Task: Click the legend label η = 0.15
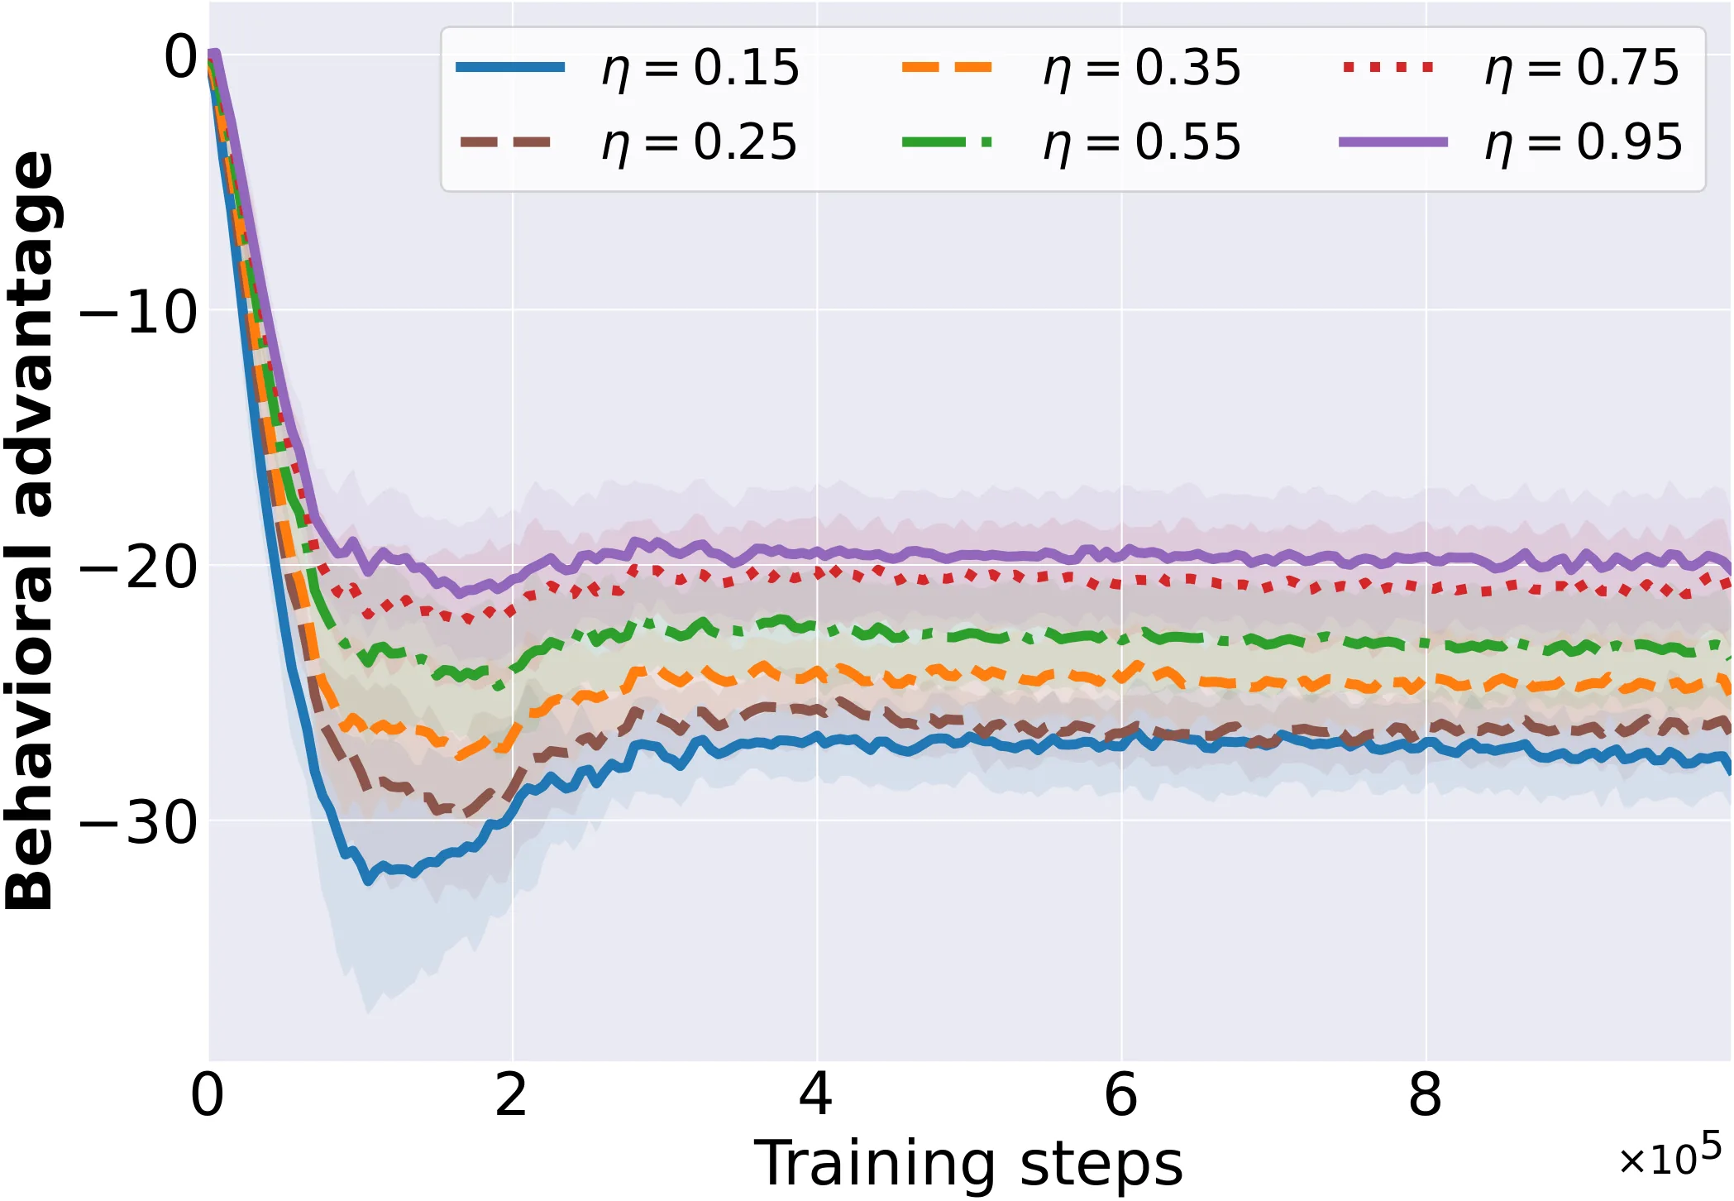pyautogui.click(x=700, y=68)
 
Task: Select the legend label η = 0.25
pyautogui.click(x=700, y=143)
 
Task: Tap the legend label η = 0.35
pyautogui.click(x=1142, y=68)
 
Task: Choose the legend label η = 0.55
pyautogui.click(x=1142, y=143)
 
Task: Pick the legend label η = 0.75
pyautogui.click(x=1583, y=68)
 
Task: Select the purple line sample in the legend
pyautogui.click(x=1393, y=142)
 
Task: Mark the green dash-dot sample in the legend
pyautogui.click(x=947, y=142)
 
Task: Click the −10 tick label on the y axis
pyautogui.click(x=139, y=313)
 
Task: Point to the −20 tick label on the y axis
pyautogui.click(x=139, y=568)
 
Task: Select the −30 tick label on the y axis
pyautogui.click(x=139, y=823)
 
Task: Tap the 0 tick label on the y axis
pyautogui.click(x=182, y=57)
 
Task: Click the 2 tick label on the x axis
pyautogui.click(x=512, y=1095)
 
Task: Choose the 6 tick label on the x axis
pyautogui.click(x=1121, y=1095)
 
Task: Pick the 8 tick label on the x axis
pyautogui.click(x=1426, y=1095)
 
